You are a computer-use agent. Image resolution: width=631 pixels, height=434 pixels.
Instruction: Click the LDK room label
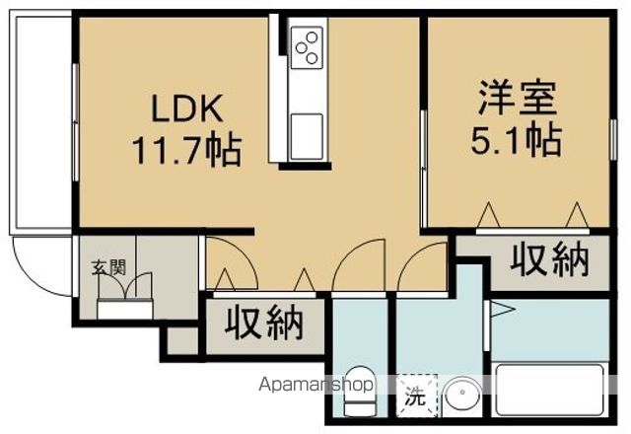tap(186, 108)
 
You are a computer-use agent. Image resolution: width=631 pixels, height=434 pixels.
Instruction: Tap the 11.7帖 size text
tap(188, 151)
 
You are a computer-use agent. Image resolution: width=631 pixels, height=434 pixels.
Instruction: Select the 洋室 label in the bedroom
tap(518, 98)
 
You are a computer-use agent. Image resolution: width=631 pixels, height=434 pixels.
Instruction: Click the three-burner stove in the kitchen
tap(307, 47)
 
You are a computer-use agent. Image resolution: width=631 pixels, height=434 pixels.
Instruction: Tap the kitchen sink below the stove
tap(307, 136)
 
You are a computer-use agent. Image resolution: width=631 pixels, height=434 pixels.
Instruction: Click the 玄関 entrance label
tap(108, 267)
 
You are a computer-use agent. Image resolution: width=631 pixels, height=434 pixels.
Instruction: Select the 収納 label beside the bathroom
tap(550, 260)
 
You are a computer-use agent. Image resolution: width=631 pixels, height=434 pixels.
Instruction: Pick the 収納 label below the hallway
tap(263, 324)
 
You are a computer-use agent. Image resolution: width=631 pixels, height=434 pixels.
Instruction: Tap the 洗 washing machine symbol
tap(416, 396)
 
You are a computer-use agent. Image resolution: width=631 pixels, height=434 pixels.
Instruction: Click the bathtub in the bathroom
tap(550, 390)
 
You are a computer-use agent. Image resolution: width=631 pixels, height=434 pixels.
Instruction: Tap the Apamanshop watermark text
tap(316, 385)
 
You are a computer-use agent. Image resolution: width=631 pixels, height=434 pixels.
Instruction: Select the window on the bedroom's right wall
tap(613, 140)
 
